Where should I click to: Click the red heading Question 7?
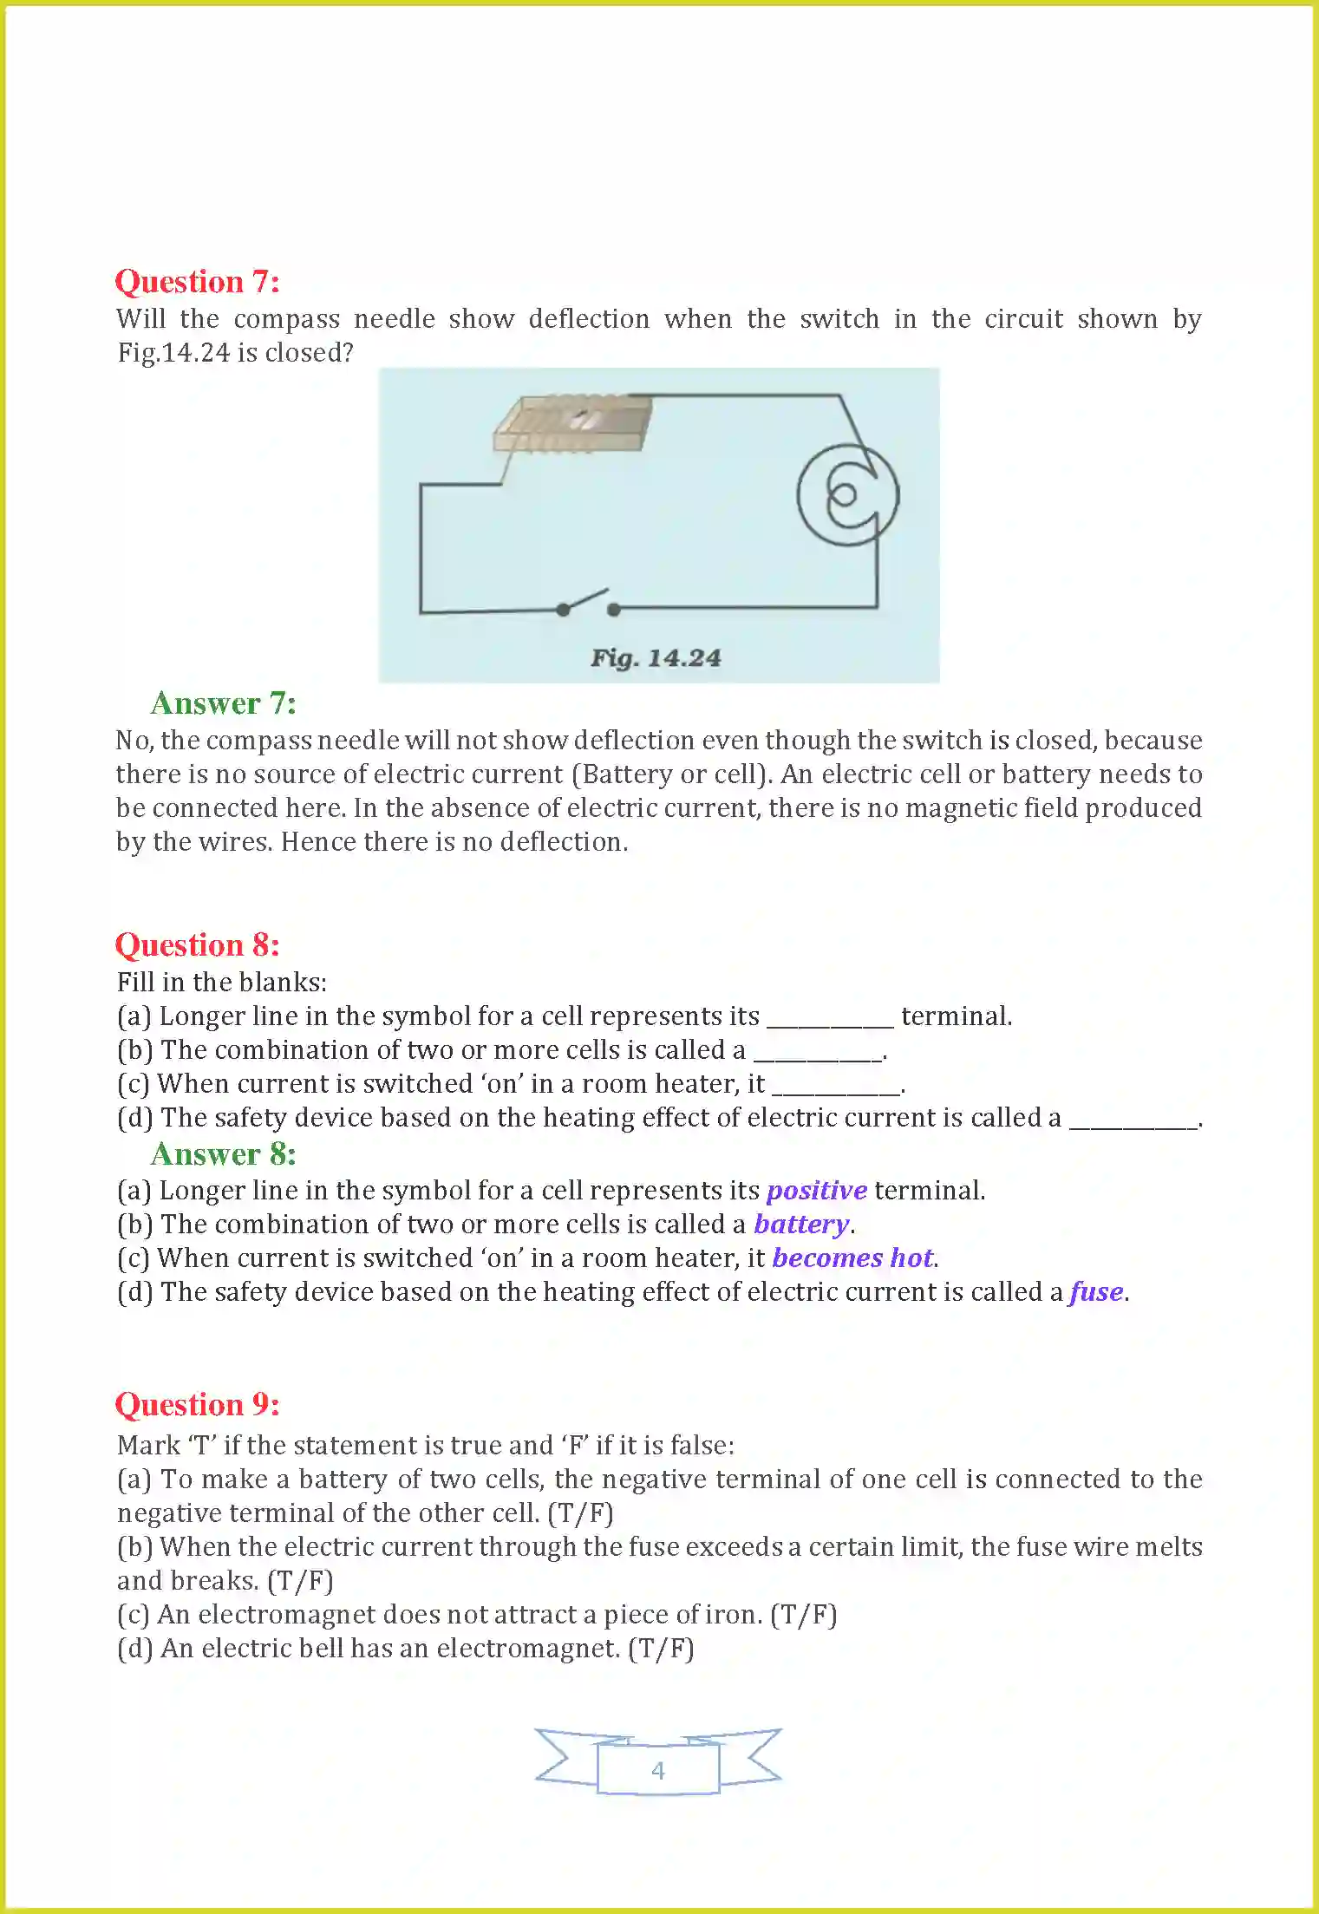pos(197,282)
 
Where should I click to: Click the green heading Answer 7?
pos(223,703)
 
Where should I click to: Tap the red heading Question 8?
pos(197,945)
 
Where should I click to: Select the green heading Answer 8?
pos(223,1154)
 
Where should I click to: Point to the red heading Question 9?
pos(197,1405)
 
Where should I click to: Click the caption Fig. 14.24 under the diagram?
pos(656,658)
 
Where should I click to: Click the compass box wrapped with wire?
pos(573,423)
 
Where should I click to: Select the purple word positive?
pos(816,1191)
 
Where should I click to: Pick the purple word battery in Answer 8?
pos(801,1225)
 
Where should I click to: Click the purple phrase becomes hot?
pos(852,1258)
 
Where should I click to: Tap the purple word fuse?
pos(1097,1292)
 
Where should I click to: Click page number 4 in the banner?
pos(658,1770)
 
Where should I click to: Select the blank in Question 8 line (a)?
pos(830,1019)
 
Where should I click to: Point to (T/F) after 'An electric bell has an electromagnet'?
pos(662,1649)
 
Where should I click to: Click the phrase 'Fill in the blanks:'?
pos(222,983)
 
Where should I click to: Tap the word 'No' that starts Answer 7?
pos(133,741)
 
